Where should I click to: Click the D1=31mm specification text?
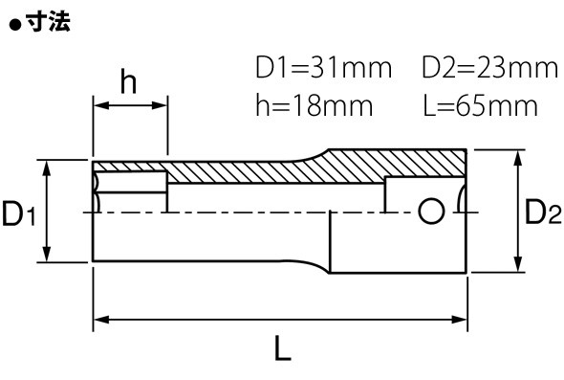[x=323, y=67]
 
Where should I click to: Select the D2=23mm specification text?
[x=489, y=67]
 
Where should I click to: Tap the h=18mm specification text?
[x=314, y=105]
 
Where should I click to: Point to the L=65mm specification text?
[x=481, y=105]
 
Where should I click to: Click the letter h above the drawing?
[x=128, y=81]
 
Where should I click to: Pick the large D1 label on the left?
[x=19, y=213]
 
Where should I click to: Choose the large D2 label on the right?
[x=543, y=212]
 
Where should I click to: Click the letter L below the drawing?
[x=283, y=348]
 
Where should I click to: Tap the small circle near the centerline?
[x=431, y=212]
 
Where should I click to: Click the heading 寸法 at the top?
[x=49, y=22]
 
